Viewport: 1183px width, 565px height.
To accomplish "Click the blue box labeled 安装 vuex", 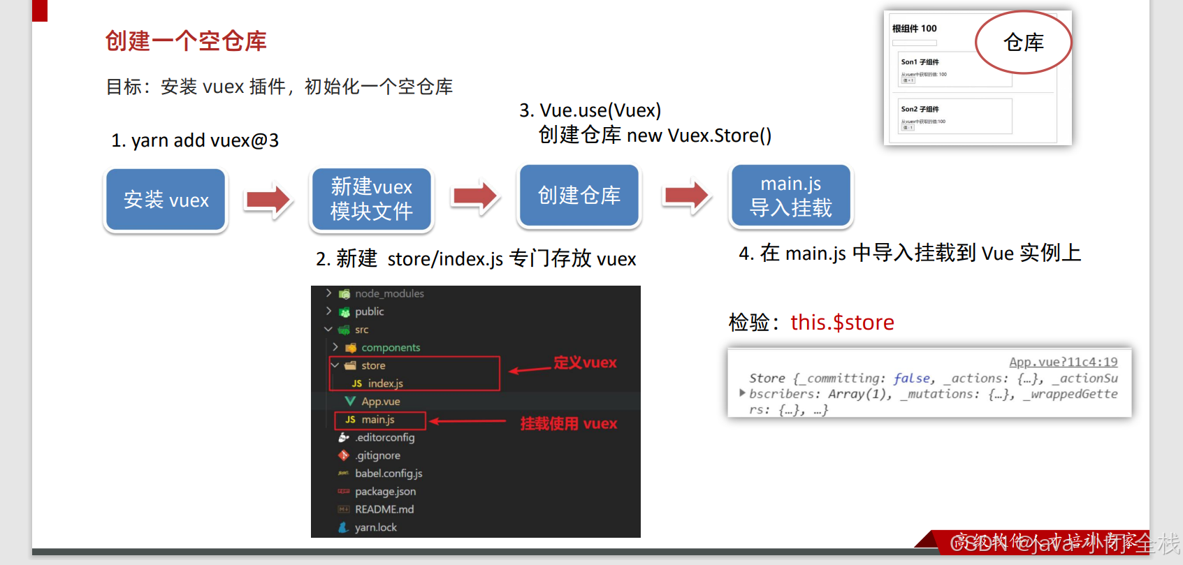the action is [166, 200].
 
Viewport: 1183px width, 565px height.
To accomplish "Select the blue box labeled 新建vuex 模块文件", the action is [371, 199].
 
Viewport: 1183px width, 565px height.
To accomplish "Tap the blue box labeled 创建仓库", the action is [579, 196].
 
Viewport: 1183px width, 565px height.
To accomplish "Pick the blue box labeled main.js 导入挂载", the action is [790, 196].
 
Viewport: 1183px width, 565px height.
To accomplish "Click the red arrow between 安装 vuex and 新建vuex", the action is [268, 200].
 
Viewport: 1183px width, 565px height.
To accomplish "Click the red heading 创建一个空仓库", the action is [186, 41].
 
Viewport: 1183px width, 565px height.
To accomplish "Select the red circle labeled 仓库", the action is [1023, 43].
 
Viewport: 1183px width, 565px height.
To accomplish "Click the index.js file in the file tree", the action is [385, 383].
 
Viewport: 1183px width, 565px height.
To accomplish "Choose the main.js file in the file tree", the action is [378, 420].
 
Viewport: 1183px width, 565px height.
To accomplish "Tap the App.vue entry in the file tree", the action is [380, 402].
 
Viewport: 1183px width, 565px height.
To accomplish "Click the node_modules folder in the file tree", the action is [389, 294].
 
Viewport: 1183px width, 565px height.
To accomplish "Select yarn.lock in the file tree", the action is [375, 527].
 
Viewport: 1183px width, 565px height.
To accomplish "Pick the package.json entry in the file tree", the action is [385, 492].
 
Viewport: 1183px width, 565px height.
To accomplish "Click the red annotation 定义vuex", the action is [585, 362].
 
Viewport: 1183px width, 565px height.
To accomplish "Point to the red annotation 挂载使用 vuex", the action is [568, 423].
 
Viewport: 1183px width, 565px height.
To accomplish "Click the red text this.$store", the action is [842, 323].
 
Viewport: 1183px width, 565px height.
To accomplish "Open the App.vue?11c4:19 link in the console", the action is [1063, 362].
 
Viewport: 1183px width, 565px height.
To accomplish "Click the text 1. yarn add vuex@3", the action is [195, 140].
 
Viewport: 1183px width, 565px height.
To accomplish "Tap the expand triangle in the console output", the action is [742, 393].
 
